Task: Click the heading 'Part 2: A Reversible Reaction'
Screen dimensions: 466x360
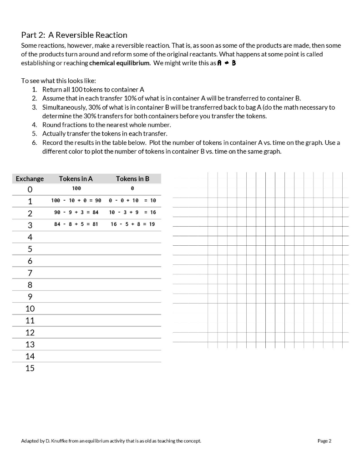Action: click(74, 35)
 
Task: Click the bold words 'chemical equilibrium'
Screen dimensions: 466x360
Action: click(120, 63)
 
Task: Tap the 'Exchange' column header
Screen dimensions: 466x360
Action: click(30, 179)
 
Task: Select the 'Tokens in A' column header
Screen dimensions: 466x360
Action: click(76, 179)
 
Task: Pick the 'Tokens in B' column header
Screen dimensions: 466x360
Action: click(132, 179)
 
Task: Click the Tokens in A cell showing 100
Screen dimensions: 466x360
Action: click(76, 188)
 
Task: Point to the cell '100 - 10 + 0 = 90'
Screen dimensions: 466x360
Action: click(76, 201)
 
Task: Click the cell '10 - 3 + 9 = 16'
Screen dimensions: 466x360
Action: click(132, 213)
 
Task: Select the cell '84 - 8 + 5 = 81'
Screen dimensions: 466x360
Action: click(76, 224)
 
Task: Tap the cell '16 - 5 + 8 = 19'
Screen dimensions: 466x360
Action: click(132, 224)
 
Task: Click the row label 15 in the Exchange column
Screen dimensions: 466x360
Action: click(30, 368)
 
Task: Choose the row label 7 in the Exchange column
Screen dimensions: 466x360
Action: click(30, 273)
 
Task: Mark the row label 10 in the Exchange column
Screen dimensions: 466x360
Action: click(30, 309)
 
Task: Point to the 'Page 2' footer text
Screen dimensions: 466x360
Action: click(324, 441)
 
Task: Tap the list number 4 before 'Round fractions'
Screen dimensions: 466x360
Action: click(34, 125)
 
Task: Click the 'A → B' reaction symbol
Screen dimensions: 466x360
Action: click(226, 63)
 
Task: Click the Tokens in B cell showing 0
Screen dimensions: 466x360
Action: click(132, 188)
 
